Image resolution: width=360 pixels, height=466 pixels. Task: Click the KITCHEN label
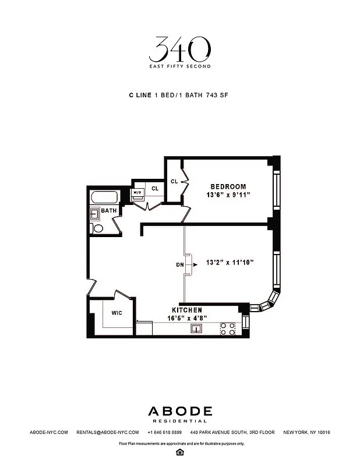(186, 310)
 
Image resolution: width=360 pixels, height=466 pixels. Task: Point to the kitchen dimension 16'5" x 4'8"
(188, 318)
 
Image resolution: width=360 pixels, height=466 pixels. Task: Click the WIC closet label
(117, 313)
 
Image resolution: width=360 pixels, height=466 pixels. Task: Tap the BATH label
(109, 210)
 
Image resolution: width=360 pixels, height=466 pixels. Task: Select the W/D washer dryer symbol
(138, 193)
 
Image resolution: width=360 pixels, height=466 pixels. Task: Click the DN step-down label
(179, 264)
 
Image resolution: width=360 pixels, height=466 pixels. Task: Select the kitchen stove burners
(227, 329)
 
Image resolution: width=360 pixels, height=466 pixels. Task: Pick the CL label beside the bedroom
(174, 181)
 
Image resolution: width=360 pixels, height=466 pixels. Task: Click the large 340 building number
(179, 51)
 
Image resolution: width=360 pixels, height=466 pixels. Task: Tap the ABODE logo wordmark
(179, 411)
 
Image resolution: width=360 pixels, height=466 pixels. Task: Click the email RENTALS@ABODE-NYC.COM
(108, 432)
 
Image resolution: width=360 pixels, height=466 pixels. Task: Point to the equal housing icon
(180, 451)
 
